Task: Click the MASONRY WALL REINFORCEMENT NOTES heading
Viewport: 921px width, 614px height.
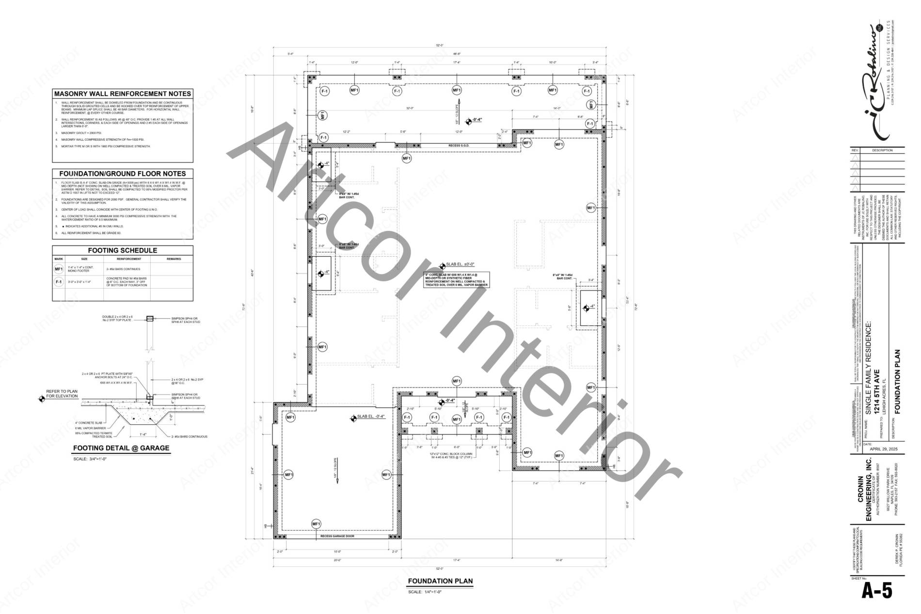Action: click(123, 94)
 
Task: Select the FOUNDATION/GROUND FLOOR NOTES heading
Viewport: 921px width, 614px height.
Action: click(123, 173)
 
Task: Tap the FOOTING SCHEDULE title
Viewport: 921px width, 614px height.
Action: click(123, 250)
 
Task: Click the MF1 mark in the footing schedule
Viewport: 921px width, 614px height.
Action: click(59, 269)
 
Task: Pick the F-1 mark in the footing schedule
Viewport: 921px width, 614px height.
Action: click(59, 282)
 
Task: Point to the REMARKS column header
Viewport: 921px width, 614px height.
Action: click(174, 259)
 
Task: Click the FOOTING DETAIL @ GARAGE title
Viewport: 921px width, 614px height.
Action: click(121, 448)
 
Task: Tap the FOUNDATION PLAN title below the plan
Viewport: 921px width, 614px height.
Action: click(440, 581)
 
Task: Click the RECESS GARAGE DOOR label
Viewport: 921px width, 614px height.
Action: click(337, 536)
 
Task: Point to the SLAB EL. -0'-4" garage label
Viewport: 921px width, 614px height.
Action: click(371, 417)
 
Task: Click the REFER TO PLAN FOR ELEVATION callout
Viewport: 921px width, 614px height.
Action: click(62, 393)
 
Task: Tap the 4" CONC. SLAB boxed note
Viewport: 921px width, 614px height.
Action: click(457, 280)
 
